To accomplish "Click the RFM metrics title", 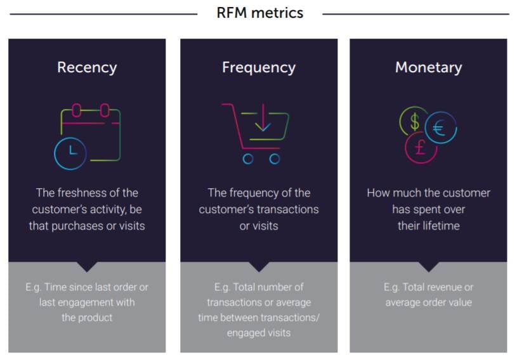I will [x=259, y=13].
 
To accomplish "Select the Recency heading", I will [x=87, y=67].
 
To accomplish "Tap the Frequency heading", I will [x=258, y=67].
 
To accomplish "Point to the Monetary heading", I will [x=428, y=67].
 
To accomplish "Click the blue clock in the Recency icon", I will [x=70, y=153].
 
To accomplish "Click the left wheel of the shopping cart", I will [x=248, y=159].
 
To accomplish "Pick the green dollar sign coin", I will [x=414, y=120].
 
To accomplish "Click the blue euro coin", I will [x=440, y=127].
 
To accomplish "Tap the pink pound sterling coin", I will [x=421, y=148].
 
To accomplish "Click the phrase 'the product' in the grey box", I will [x=87, y=318].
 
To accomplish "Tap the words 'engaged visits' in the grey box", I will [x=259, y=333].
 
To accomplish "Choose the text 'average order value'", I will [x=428, y=302].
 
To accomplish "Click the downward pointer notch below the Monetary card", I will [x=428, y=267].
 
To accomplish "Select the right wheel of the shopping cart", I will [x=275, y=159].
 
